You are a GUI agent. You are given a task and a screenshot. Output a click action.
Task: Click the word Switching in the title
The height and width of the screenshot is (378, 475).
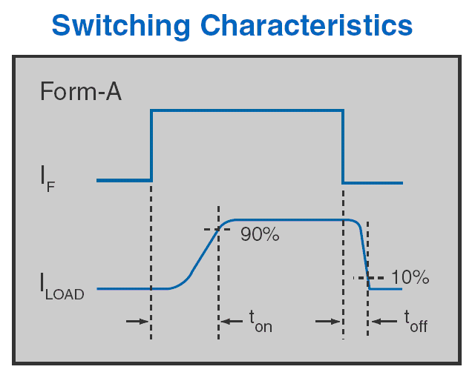121,27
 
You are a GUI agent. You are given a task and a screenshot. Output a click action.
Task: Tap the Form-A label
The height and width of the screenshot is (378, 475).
81,91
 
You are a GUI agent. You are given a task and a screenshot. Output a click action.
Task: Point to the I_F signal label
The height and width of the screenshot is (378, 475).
47,179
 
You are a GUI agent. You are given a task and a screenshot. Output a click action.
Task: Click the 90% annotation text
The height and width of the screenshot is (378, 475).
260,234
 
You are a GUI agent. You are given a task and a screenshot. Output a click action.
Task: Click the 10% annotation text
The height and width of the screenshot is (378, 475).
410,276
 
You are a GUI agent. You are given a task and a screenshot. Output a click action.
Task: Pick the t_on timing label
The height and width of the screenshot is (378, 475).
261,321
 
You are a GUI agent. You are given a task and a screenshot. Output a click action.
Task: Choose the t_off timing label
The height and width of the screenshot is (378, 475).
416,321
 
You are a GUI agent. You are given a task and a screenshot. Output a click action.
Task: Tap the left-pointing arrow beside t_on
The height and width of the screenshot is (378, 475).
232,321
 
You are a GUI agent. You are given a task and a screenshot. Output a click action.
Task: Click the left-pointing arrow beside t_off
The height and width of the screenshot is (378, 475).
384,321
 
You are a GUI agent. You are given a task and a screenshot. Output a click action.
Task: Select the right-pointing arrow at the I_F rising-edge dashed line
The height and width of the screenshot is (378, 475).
137,321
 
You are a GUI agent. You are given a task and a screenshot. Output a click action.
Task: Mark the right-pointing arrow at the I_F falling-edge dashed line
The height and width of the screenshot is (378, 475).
328,321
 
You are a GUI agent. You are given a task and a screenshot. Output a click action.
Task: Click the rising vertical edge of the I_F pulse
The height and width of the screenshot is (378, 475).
151,145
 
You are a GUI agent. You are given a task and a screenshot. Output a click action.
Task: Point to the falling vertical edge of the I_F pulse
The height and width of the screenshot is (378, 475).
343,147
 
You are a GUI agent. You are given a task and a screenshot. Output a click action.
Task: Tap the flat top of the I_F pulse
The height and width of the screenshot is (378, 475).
247,110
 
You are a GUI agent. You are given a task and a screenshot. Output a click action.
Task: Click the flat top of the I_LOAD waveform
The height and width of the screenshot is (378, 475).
291,220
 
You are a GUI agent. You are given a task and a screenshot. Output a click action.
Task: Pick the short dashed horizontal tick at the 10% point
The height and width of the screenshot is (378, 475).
368,278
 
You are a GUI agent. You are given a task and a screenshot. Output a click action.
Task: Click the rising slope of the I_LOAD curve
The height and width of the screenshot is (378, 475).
203,254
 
